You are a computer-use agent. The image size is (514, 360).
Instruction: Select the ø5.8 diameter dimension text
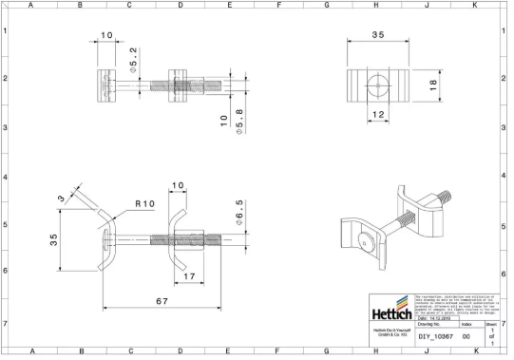point(239,121)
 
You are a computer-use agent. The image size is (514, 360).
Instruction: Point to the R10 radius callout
point(145,203)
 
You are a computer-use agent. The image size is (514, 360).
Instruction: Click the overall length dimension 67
point(162,301)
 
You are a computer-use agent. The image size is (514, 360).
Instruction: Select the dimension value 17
point(190,276)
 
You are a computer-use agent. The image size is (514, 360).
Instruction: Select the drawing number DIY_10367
point(435,336)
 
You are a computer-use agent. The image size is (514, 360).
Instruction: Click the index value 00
point(466,336)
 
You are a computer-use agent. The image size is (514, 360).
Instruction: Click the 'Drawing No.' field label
point(432,324)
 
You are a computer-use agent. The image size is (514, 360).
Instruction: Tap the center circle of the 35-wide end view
point(377,85)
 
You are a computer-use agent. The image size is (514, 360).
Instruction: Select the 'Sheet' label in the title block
point(491,324)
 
